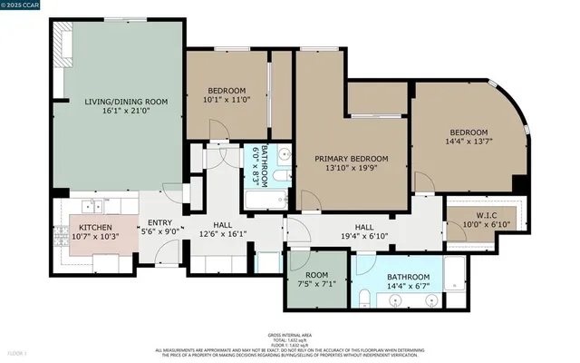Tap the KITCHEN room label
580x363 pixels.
click(x=94, y=228)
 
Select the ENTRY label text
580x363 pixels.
click(x=160, y=222)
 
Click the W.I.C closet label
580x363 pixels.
click(x=469, y=215)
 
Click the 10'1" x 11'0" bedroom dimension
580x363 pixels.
click(x=227, y=100)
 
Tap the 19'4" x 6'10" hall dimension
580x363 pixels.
click(x=364, y=237)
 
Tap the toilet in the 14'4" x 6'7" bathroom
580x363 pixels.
click(x=362, y=296)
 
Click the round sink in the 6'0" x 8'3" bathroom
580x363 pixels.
click(x=283, y=152)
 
